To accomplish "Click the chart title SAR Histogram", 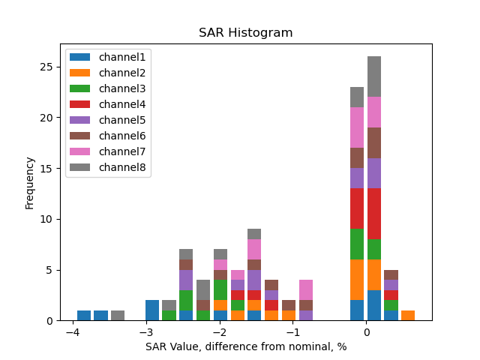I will point(245,33).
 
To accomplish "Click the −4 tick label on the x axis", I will point(72,333).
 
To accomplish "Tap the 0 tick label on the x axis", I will point(366,333).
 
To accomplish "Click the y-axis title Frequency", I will point(30,182).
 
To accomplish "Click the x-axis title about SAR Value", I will point(245,346).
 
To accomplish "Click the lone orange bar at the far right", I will point(408,315).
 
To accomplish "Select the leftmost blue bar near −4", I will point(84,315).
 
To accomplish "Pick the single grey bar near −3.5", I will point(118,315).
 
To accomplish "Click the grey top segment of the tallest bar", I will point(374,76).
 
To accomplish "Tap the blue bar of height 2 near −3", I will point(152,310).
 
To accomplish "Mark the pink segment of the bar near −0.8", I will point(306,290).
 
